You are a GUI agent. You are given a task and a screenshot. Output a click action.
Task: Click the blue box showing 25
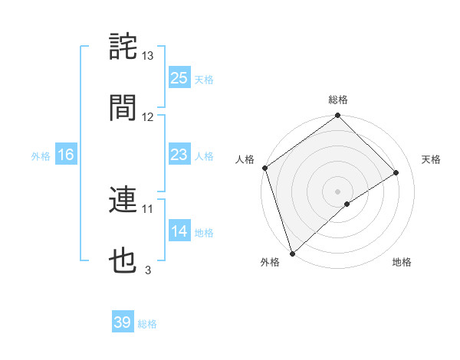[x=179, y=78]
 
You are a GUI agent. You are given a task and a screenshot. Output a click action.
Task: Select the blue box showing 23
[x=179, y=155]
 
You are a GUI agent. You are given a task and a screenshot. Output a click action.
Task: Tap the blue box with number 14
[x=179, y=232]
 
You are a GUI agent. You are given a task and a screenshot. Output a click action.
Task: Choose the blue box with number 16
[x=66, y=155]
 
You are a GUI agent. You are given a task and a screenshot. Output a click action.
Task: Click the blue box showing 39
[x=123, y=323]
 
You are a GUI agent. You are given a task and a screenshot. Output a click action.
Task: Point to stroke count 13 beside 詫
[x=148, y=56]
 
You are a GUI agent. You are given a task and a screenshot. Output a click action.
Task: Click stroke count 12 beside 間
[x=148, y=117]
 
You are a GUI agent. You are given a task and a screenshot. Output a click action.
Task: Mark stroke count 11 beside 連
[x=148, y=208]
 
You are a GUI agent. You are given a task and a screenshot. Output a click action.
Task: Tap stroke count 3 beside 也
[x=148, y=270]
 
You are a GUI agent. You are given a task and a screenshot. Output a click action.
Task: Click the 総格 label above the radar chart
[x=338, y=100]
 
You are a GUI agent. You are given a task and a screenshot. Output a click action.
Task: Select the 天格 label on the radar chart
[x=432, y=159]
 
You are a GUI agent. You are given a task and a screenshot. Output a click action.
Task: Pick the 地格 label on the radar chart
[x=402, y=263]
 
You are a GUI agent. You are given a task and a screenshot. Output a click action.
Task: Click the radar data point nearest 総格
[x=337, y=116]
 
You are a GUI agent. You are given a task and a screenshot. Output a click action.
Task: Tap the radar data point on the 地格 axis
[x=347, y=204]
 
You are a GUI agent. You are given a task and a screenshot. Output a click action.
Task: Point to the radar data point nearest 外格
[x=292, y=253]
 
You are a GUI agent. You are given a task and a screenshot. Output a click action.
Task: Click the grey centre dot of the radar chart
[x=337, y=191]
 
